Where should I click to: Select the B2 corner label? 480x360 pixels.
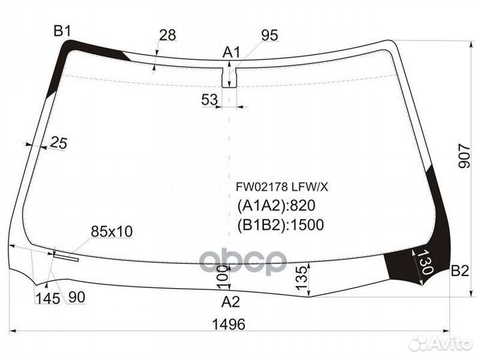click(x=460, y=271)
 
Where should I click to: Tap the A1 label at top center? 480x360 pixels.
click(x=231, y=52)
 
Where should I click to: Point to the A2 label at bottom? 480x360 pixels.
click(x=230, y=302)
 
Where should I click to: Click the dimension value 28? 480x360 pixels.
click(x=167, y=35)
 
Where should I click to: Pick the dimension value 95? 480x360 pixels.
click(x=269, y=35)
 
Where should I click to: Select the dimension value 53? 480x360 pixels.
click(x=209, y=100)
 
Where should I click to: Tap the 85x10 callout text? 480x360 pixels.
click(x=111, y=231)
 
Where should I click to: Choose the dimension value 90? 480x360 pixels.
click(x=76, y=298)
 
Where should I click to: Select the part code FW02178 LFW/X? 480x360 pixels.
click(x=273, y=188)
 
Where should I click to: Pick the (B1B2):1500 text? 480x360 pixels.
click(x=280, y=225)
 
